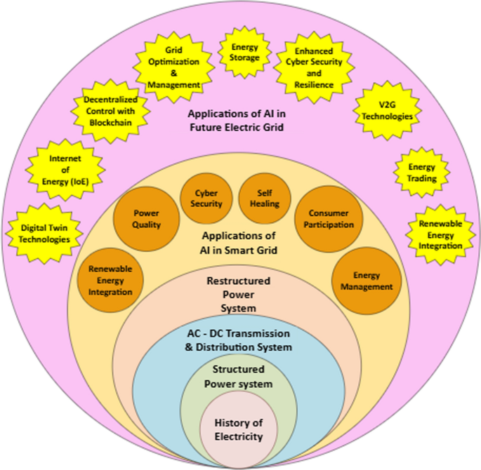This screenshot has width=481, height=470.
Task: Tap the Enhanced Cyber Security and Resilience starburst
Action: tap(314, 68)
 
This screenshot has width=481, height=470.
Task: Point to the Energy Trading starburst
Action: tap(421, 173)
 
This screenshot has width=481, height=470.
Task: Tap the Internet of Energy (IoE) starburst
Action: tap(65, 170)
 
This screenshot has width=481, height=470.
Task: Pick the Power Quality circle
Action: tap(146, 220)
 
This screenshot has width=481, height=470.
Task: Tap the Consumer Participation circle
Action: tap(324, 219)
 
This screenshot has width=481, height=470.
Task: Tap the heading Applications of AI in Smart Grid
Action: tap(238, 242)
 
